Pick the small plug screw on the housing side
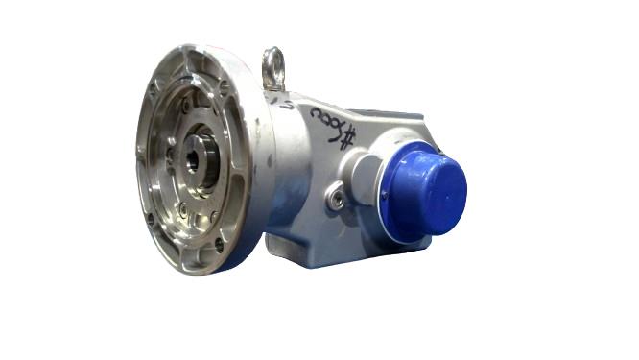tap(335, 199)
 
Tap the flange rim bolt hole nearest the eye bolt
tap(224, 84)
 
